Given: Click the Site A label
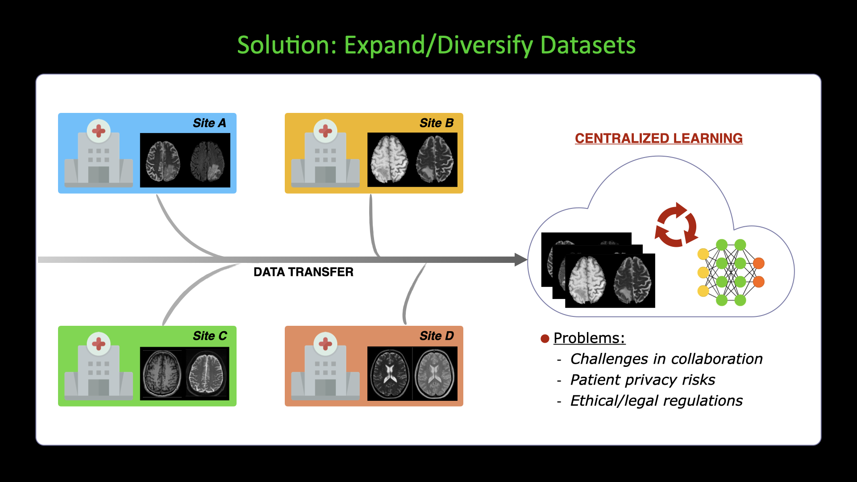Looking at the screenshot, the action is pyautogui.click(x=209, y=123).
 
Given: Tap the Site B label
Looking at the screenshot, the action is pyautogui.click(x=437, y=123).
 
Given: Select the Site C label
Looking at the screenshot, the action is pyautogui.click(x=210, y=336).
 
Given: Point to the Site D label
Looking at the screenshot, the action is pyautogui.click(x=437, y=336).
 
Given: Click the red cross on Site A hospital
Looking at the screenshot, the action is pyautogui.click(x=99, y=131).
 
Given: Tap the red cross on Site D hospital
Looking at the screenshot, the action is pyautogui.click(x=325, y=344).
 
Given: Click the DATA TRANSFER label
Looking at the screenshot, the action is pyautogui.click(x=304, y=272).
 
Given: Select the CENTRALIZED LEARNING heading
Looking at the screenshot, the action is pyautogui.click(x=659, y=138).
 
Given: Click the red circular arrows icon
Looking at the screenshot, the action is pyautogui.click(x=676, y=225).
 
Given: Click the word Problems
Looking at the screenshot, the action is pyautogui.click(x=589, y=338).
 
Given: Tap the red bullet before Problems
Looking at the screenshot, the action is pyautogui.click(x=545, y=339).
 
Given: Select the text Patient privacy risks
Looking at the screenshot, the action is pyautogui.click(x=643, y=380).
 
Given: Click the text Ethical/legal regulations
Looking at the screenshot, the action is pyautogui.click(x=657, y=401).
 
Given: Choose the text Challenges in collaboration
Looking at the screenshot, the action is pyautogui.click(x=666, y=359).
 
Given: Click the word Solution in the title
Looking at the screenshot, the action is pyautogui.click(x=287, y=46).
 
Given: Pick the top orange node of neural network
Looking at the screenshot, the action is pyautogui.click(x=758, y=263).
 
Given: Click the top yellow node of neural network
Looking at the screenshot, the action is pyautogui.click(x=703, y=254).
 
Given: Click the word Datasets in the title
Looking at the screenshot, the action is pyautogui.click(x=588, y=46).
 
